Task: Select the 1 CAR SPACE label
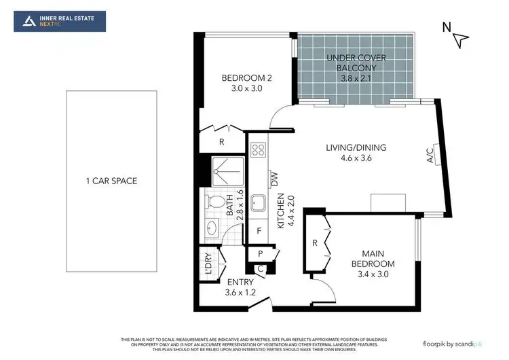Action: [111, 181]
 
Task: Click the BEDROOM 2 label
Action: [242, 83]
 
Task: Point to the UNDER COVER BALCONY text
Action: [352, 68]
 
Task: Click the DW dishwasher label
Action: [274, 179]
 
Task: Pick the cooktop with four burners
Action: [258, 150]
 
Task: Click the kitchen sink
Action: [258, 202]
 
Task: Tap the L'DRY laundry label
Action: [209, 264]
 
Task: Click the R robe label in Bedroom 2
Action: [221, 142]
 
